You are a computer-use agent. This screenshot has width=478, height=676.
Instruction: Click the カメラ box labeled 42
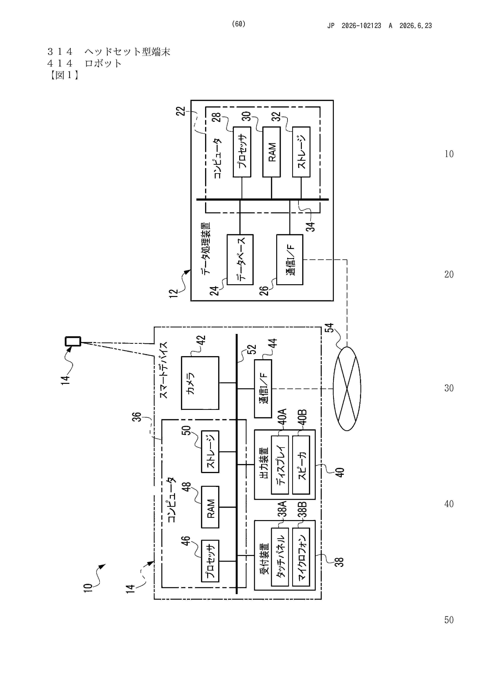point(200,383)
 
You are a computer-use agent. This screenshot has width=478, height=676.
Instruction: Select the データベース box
point(240,259)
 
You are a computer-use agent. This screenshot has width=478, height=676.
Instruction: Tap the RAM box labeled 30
point(271,152)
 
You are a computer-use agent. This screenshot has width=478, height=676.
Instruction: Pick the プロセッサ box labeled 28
point(242,152)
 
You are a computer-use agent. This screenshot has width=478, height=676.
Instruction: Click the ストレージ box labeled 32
point(301,152)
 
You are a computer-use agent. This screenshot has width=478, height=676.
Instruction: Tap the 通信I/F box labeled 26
point(290,259)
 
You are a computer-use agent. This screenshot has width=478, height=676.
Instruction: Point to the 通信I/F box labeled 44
point(263,389)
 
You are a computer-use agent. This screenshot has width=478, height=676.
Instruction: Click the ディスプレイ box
point(280,465)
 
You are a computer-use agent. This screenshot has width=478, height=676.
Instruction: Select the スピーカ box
point(301,465)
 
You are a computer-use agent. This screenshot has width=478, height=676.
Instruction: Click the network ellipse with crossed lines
point(347,389)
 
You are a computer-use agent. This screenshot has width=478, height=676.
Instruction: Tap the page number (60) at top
point(239,24)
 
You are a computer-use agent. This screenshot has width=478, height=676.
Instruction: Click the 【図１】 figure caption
point(64,75)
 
